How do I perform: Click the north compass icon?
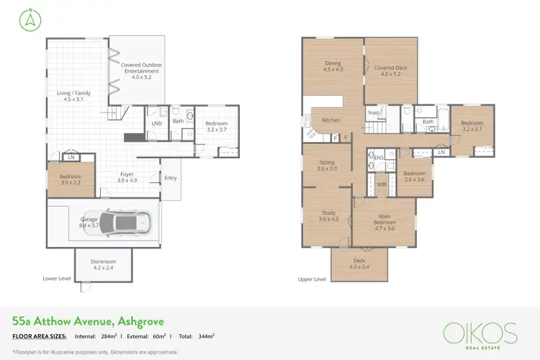pos(24,19)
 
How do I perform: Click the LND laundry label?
pos(156,123)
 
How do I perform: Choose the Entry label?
pos(171,178)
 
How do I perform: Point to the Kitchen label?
pos(330,120)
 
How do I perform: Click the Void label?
pos(373,113)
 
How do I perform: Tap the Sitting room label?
pos(326,166)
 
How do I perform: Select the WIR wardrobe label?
pos(382,184)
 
